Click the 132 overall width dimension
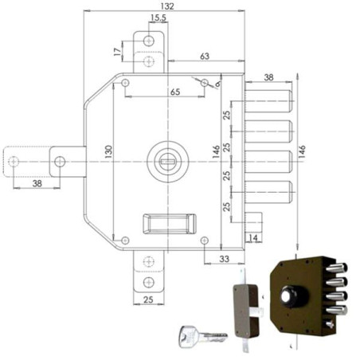[167, 6]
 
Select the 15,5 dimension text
[158, 18]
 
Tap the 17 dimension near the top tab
[117, 52]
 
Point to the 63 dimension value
[205, 57]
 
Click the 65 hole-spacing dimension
[175, 92]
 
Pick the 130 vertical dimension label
[108, 152]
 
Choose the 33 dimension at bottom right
[225, 259]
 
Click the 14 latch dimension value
[252, 238]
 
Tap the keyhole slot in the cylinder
[167, 161]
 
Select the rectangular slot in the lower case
[170, 224]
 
